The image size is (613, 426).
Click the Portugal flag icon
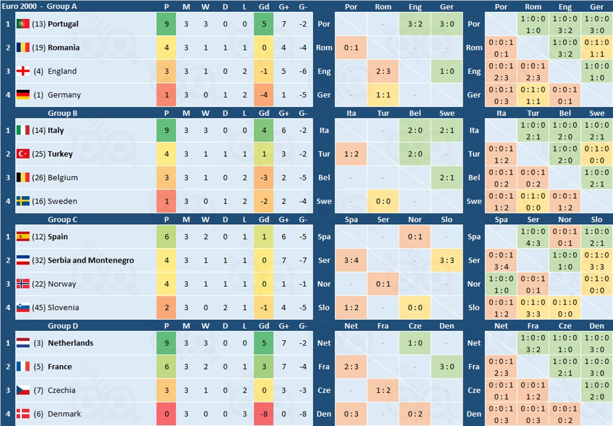pyautogui.click(x=23, y=24)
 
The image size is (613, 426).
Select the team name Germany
pyautogui.click(x=64, y=95)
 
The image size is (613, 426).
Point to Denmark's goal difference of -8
pyautogui.click(x=264, y=414)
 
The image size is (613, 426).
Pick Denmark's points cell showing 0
pyautogui.click(x=167, y=414)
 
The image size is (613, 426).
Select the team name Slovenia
pyautogui.click(x=63, y=308)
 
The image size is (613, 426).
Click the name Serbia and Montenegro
pyautogui.click(x=91, y=260)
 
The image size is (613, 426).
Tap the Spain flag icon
pyautogui.click(x=23, y=237)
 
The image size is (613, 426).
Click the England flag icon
pyautogui.click(x=23, y=71)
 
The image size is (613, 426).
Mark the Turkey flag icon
pyautogui.click(x=23, y=154)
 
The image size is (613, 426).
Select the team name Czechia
pyautogui.click(x=62, y=390)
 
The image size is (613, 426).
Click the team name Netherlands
pyautogui.click(x=70, y=343)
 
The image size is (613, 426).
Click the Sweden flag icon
pyautogui.click(x=23, y=201)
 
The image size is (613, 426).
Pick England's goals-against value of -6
pyautogui.click(x=303, y=71)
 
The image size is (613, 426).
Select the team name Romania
pyautogui.click(x=64, y=47)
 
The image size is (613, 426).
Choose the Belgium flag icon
pyautogui.click(x=23, y=177)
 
